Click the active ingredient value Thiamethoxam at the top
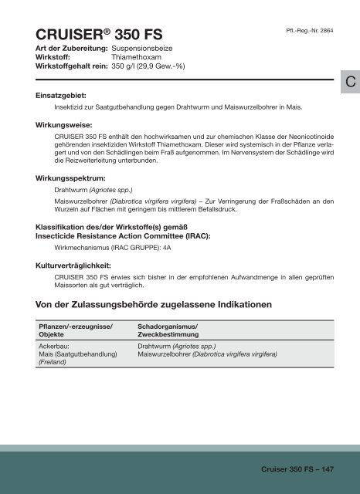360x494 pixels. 138,56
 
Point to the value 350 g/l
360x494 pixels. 127,66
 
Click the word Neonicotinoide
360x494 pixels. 309,137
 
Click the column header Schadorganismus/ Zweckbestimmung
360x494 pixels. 167,332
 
